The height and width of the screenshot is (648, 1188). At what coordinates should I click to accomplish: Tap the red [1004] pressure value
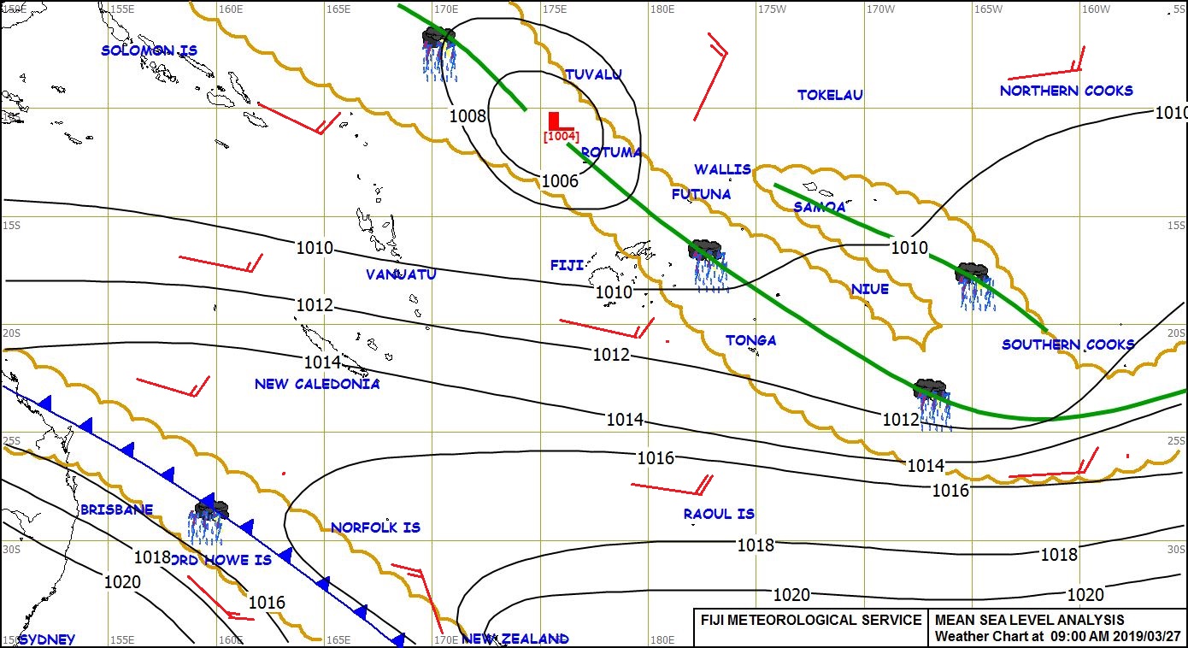pyautogui.click(x=562, y=136)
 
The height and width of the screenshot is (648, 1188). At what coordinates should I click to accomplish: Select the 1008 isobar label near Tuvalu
pyautogui.click(x=468, y=116)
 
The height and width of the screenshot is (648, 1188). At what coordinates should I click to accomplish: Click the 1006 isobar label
pyautogui.click(x=560, y=181)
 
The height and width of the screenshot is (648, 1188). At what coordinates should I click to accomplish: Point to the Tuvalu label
pyautogui.click(x=593, y=75)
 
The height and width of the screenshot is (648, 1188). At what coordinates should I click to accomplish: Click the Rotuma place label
pyautogui.click(x=611, y=152)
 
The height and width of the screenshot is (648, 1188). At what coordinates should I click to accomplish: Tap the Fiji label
pyautogui.click(x=567, y=266)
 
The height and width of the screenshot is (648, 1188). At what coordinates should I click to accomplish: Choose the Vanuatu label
pyautogui.click(x=401, y=274)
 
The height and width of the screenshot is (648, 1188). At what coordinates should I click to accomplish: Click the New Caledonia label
pyautogui.click(x=317, y=384)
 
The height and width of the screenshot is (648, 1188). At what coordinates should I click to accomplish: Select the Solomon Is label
pyautogui.click(x=149, y=50)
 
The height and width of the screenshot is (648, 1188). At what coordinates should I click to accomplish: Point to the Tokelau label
pyautogui.click(x=830, y=95)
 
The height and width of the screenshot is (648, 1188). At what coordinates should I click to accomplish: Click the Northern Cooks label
pyautogui.click(x=1067, y=91)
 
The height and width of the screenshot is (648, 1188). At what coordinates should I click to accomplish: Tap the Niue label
pyautogui.click(x=869, y=289)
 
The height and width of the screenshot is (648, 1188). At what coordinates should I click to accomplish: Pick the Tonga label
pyautogui.click(x=751, y=340)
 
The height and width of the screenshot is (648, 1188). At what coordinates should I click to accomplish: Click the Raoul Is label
pyautogui.click(x=719, y=514)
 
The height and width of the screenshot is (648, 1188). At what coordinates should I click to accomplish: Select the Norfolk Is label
pyautogui.click(x=375, y=527)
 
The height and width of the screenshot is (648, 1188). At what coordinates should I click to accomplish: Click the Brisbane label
pyautogui.click(x=116, y=510)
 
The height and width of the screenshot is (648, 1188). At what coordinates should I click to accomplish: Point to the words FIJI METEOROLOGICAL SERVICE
pyautogui.click(x=811, y=620)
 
